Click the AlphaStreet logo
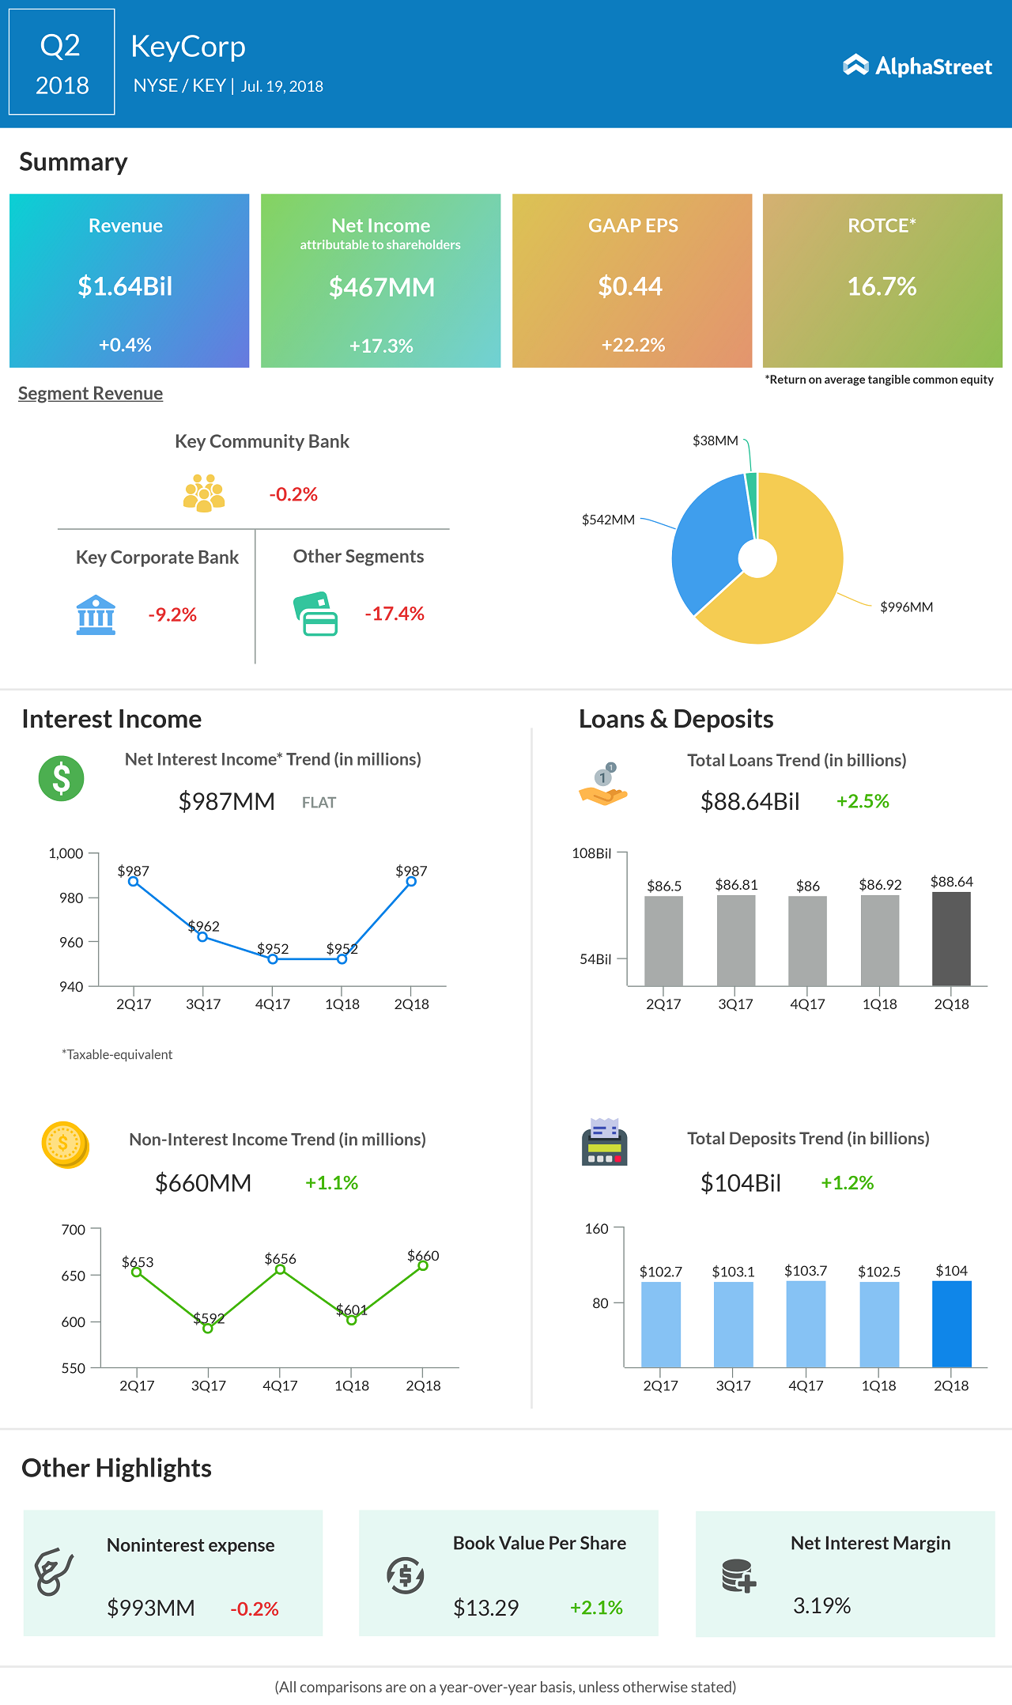[x=917, y=66]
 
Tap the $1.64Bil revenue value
[x=125, y=286]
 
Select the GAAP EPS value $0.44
[x=630, y=286]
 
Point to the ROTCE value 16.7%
[x=882, y=286]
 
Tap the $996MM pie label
[x=906, y=607]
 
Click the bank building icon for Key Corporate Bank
[x=96, y=614]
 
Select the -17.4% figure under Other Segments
[x=394, y=614]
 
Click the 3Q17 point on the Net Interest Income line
[x=202, y=937]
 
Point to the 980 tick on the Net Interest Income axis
[x=71, y=898]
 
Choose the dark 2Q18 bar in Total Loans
[x=951, y=939]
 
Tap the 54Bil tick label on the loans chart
[x=595, y=959]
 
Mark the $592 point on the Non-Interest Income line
[x=208, y=1329]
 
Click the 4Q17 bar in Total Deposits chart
[x=806, y=1325]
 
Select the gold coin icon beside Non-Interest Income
[x=64, y=1144]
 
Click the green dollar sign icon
[x=61, y=779]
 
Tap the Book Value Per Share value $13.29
[x=485, y=1608]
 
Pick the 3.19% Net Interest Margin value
[x=821, y=1605]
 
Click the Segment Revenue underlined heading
[x=90, y=394]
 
